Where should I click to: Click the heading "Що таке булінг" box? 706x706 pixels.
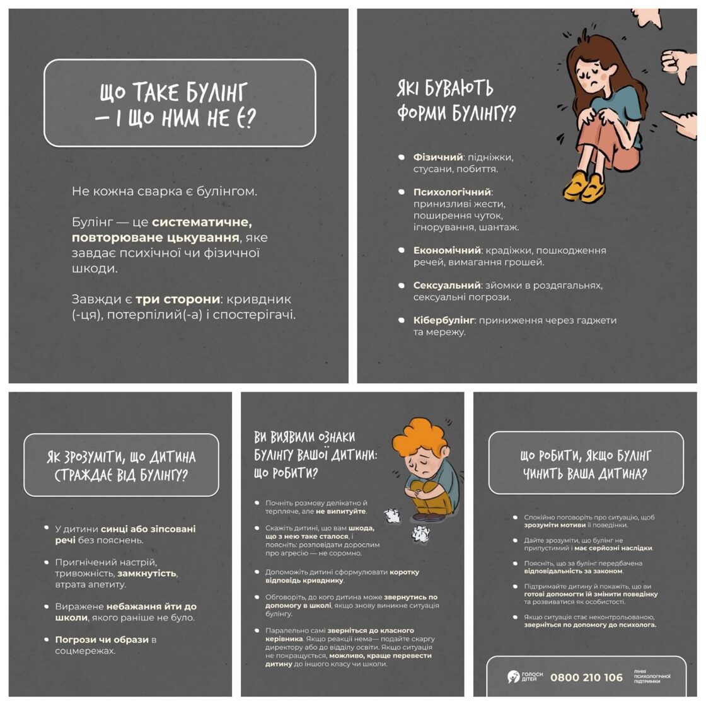point(180,103)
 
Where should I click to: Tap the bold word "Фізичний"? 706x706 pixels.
point(438,157)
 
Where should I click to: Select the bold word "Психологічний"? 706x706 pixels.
point(452,192)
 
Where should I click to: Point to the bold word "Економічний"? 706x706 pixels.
point(447,250)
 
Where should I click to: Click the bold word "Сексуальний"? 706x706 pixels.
point(447,286)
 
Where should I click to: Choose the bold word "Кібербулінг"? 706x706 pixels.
point(444,320)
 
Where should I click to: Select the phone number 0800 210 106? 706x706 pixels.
point(586,677)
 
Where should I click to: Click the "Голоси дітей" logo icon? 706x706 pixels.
point(513,677)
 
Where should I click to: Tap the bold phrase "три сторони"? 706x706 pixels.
point(178,299)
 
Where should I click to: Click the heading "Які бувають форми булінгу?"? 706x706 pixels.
point(456,101)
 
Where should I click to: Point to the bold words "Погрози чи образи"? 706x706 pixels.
point(101,640)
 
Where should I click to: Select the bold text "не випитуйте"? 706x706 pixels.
point(341,511)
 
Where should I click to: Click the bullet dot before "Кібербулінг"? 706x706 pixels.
point(401,320)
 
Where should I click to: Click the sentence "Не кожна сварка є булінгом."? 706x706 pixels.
point(165,192)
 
